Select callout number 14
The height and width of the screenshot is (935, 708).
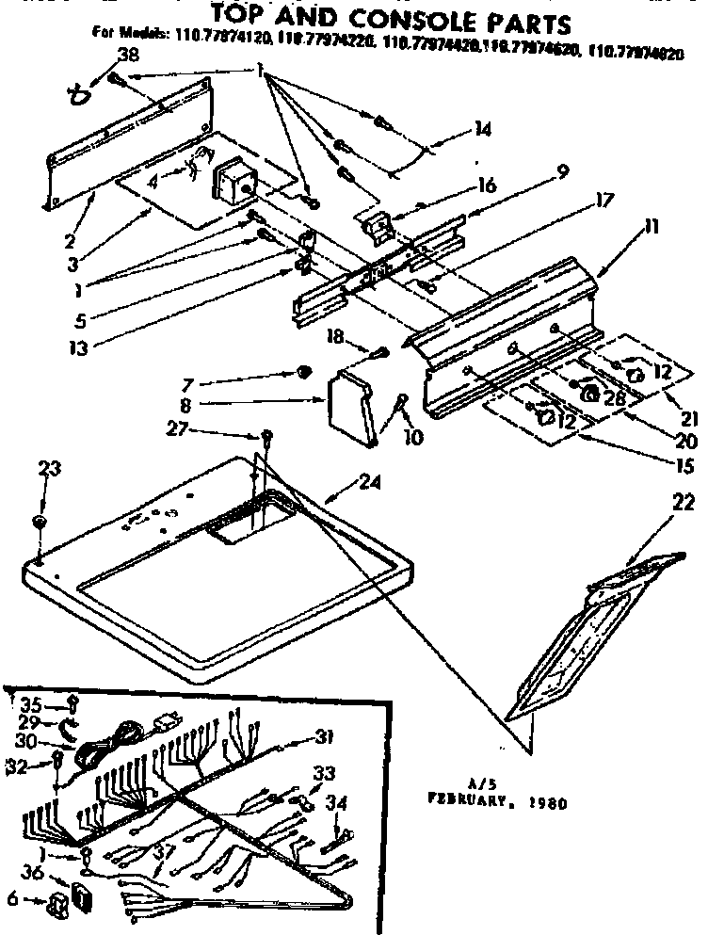[482, 131]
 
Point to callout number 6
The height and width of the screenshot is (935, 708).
[12, 899]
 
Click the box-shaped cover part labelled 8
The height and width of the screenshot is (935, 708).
[350, 407]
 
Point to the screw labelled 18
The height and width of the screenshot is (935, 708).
[382, 354]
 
